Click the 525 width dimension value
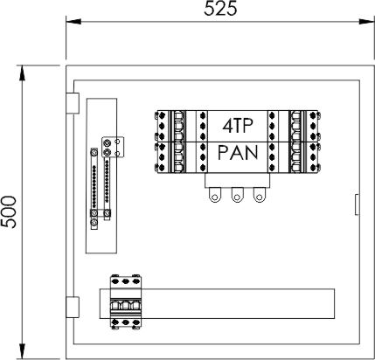(220, 9)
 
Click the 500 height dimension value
(8, 212)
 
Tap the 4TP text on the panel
(238, 126)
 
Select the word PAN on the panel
(238, 153)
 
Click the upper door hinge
(73, 103)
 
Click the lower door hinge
(73, 307)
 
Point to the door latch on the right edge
(357, 204)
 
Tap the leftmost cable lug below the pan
(215, 195)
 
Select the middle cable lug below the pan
(237, 195)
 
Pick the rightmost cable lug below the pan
(259, 195)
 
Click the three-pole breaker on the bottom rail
(126, 302)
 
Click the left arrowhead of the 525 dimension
(73, 21)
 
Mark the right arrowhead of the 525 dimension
(366, 21)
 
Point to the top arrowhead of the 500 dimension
(22, 73)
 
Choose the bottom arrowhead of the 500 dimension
(22, 351)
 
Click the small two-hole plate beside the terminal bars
(113, 147)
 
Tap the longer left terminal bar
(94, 189)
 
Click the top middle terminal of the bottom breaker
(126, 281)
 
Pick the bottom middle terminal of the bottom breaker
(126, 322)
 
